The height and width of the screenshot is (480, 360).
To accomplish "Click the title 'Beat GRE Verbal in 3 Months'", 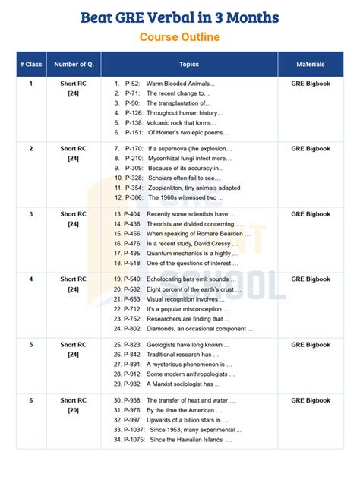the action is coord(179,17).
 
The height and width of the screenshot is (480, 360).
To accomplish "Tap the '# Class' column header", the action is coord(31,65).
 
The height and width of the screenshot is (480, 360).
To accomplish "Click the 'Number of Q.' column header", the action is coord(74,65).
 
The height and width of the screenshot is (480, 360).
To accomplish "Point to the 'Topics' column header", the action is coord(189,65).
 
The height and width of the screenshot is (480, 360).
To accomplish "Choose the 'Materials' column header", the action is coord(311,65).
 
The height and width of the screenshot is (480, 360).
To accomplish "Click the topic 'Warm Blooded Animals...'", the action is coord(181,83).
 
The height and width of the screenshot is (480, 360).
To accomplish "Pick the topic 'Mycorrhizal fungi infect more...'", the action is coord(190,159).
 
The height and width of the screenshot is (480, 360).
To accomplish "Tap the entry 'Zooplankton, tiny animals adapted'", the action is coord(194,188).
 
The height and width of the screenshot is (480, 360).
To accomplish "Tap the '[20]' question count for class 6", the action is coord(74,410).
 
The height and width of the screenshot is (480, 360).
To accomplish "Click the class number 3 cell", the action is coord(31,214).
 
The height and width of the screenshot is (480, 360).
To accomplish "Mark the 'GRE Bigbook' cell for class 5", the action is coord(311,345).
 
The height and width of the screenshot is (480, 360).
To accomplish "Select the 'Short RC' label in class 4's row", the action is coord(74,279).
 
